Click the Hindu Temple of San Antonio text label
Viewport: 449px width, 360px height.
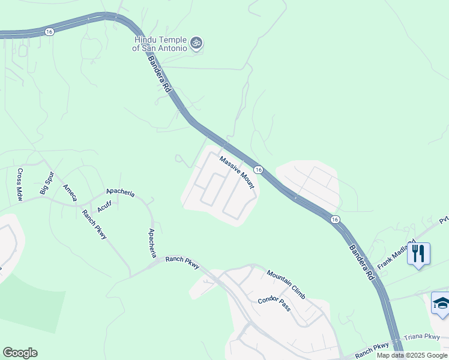coord(160,44)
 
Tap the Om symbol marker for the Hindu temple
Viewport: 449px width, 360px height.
coord(196,43)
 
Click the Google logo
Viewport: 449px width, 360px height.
coord(20,353)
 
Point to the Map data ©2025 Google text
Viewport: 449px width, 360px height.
coord(411,355)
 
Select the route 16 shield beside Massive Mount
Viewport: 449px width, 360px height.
coord(258,170)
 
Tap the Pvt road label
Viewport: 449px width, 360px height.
coord(444,220)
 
